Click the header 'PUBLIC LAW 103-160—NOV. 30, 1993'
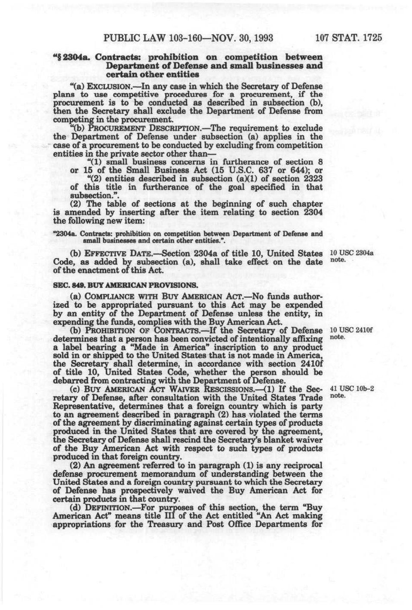point(188,37)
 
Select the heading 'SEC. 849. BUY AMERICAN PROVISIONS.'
point(125,285)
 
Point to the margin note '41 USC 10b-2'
point(351,389)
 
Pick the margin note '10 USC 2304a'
point(351,253)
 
